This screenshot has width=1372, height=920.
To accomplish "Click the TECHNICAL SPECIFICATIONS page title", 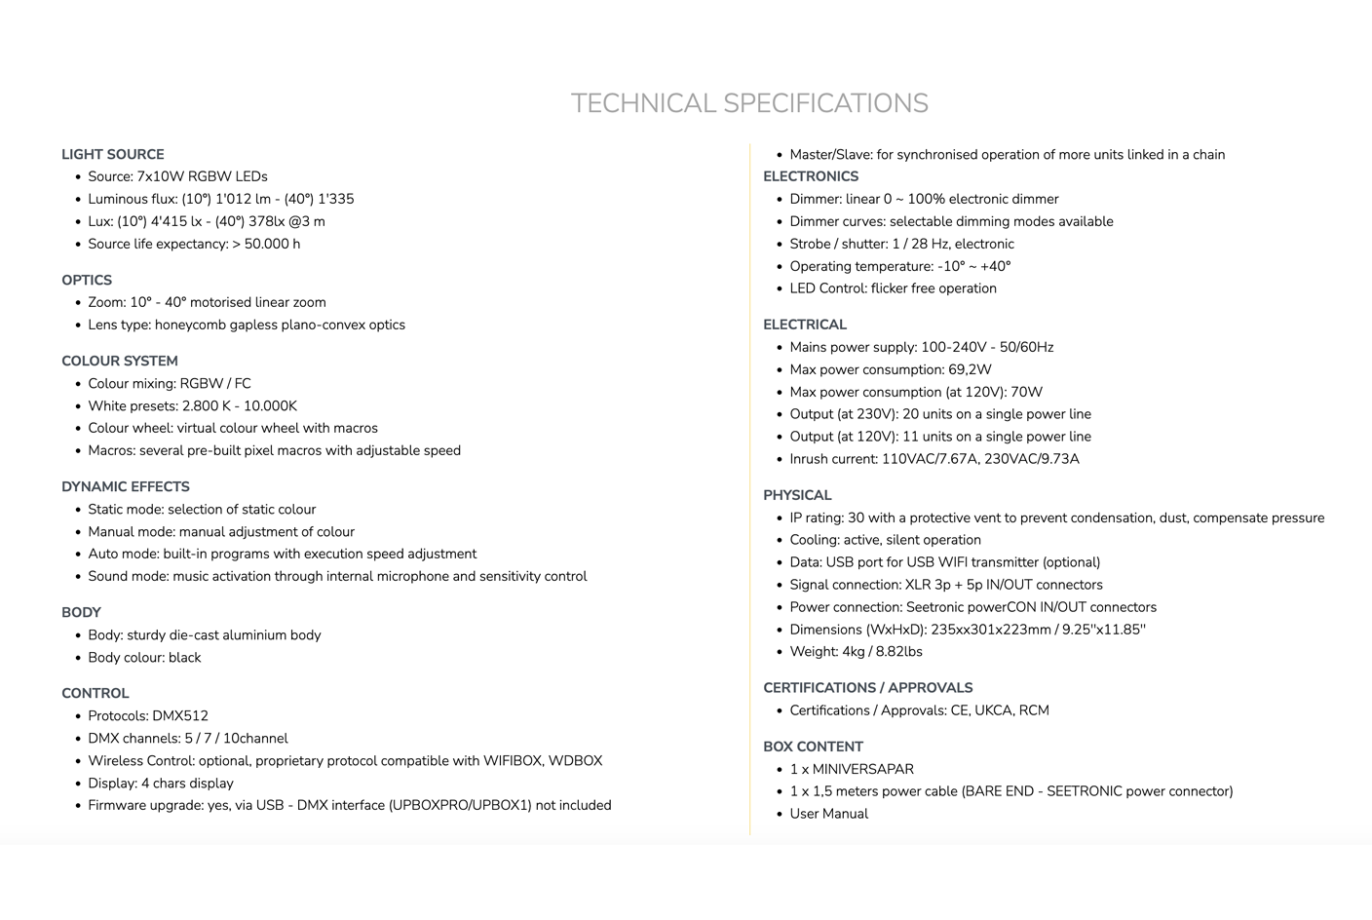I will (x=748, y=103).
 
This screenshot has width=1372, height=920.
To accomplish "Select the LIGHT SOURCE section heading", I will (x=112, y=154).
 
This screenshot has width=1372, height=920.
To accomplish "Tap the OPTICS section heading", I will (x=87, y=280).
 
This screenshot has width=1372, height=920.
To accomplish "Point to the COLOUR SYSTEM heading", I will (x=119, y=361).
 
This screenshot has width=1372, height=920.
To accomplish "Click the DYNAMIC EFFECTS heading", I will (x=125, y=486).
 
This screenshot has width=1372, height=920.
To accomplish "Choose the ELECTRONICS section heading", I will (x=811, y=176).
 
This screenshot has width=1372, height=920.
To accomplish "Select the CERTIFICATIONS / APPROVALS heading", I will (x=867, y=687).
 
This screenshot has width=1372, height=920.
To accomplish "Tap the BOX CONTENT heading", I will (x=813, y=747).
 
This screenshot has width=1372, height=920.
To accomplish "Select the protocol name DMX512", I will (x=180, y=715).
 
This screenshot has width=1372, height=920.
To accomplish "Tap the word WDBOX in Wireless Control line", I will (x=575, y=760).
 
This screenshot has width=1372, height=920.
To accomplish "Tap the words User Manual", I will (x=828, y=814).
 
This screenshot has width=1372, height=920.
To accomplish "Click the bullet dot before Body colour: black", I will (x=77, y=658).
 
